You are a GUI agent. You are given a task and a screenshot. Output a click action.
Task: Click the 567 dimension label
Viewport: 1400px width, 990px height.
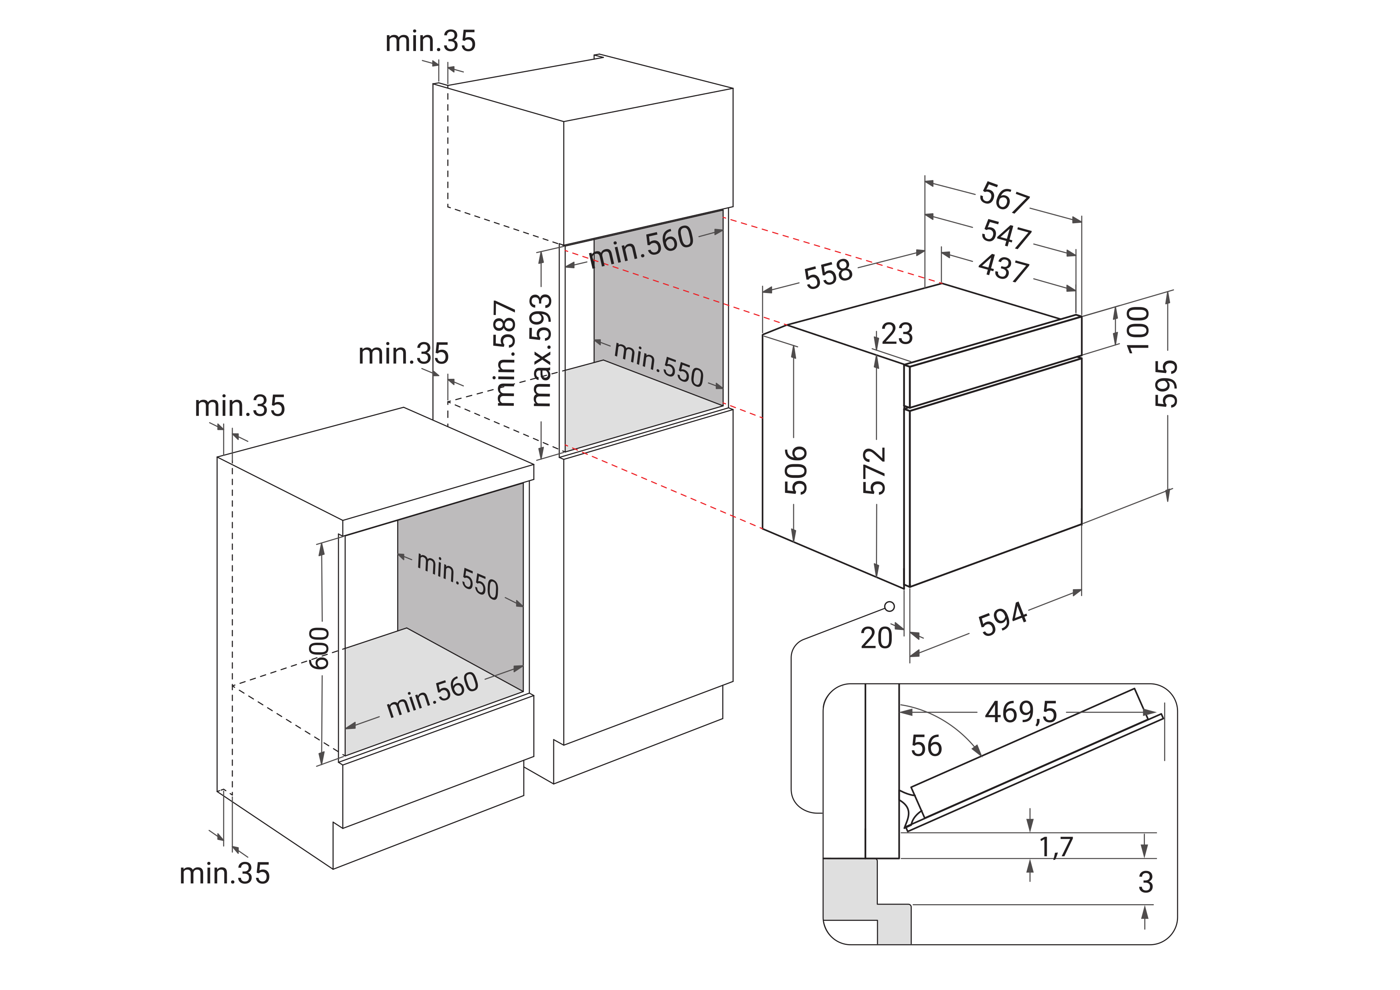[x=1004, y=198]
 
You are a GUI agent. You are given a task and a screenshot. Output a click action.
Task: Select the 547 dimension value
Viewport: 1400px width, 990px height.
[x=1006, y=234]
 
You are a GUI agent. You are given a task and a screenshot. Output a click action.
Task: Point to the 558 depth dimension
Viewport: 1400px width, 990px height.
[x=828, y=274]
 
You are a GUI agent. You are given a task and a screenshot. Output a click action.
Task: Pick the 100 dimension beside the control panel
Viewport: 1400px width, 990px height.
[x=1138, y=330]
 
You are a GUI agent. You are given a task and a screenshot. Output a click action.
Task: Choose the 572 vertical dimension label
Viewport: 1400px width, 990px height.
[x=874, y=470]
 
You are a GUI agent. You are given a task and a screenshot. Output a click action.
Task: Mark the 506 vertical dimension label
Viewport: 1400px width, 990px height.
[x=796, y=470]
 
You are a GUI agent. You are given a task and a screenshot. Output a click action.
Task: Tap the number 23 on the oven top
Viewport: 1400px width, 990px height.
[x=897, y=334]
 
